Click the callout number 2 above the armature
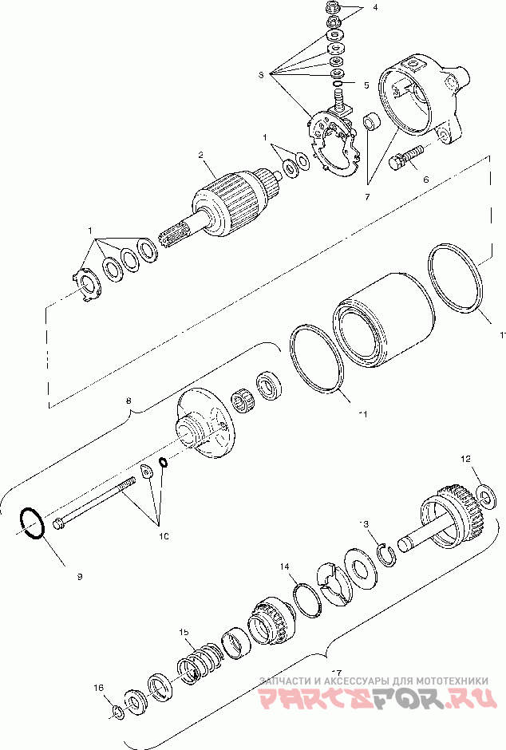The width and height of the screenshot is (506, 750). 202,155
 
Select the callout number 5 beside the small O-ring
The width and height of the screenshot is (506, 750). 366,84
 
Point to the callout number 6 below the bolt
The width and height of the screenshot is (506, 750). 425,181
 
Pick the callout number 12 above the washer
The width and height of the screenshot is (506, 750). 467,460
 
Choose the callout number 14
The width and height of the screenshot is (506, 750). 284,566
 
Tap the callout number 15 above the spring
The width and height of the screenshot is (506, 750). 184,632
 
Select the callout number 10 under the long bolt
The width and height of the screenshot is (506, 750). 164,537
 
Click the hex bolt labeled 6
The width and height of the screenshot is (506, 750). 403,159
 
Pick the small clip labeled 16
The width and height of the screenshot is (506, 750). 117,712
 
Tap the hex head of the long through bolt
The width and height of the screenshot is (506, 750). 61,523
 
